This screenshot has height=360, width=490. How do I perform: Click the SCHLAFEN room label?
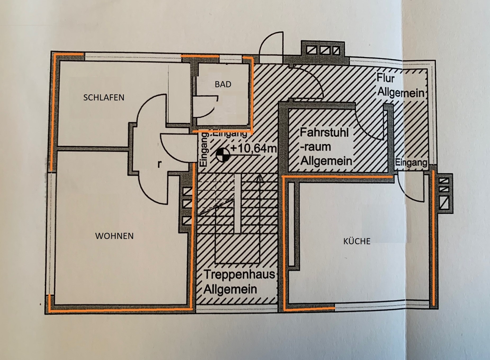click(x=103, y=98)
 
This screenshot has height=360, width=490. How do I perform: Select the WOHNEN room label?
click(x=115, y=236)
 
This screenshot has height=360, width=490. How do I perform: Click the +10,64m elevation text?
click(x=253, y=149)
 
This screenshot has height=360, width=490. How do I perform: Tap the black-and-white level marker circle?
click(x=222, y=155)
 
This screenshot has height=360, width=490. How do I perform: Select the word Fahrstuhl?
click(x=326, y=133)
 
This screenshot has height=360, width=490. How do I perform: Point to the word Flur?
click(x=386, y=78)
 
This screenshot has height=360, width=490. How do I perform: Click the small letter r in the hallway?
click(x=160, y=164)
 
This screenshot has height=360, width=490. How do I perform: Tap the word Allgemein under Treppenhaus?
click(x=232, y=290)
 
